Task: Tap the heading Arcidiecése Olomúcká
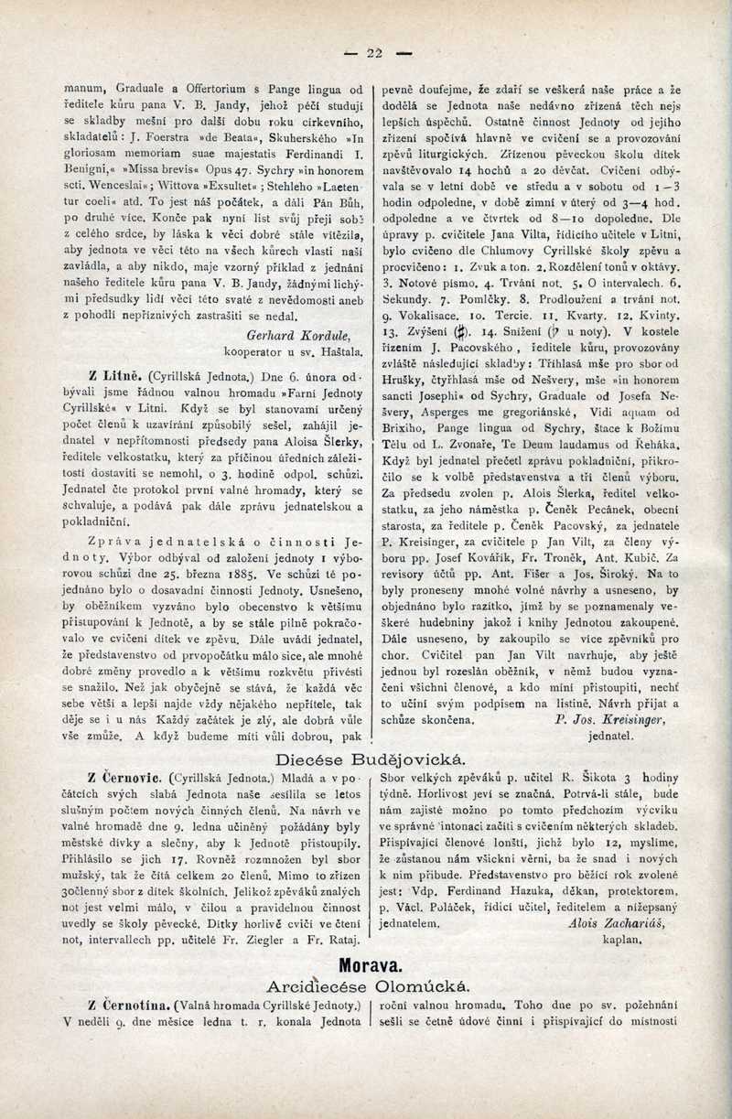pyautogui.click(x=369, y=985)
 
